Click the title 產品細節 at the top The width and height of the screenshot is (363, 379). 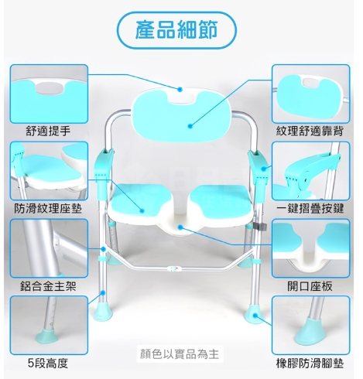(176, 29)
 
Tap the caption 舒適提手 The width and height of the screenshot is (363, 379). (48, 131)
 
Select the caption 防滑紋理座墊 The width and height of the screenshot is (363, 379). (48, 208)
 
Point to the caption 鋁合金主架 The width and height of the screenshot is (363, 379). (48, 286)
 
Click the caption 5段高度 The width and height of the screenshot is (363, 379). (48, 364)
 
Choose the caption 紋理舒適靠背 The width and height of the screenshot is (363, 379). (310, 131)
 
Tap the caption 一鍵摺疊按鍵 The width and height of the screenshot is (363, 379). (310, 208)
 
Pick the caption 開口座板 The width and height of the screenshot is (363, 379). (310, 286)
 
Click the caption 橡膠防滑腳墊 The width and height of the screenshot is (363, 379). (310, 364)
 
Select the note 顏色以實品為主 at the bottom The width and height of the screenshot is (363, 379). (180, 353)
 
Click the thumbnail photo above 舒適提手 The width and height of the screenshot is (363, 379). (49, 94)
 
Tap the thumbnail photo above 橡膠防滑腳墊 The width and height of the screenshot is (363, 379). (311, 326)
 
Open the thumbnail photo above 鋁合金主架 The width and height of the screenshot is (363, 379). (49, 248)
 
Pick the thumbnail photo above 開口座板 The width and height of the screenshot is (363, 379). (311, 248)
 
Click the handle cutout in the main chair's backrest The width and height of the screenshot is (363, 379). (181, 98)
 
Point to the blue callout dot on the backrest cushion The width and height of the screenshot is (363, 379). (190, 126)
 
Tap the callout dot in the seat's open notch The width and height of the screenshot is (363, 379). (180, 227)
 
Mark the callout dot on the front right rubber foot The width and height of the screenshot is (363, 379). (255, 315)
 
